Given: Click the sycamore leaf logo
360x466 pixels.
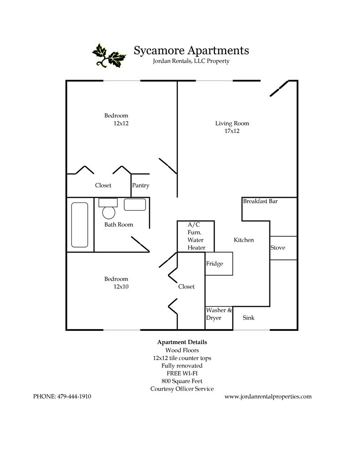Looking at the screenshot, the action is click(x=109, y=55).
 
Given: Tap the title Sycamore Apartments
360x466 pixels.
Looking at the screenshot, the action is click(x=191, y=50).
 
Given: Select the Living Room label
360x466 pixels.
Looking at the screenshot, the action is click(x=232, y=123).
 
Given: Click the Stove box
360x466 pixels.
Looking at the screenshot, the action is click(x=284, y=248).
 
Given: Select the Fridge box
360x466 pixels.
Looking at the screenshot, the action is click(x=219, y=264).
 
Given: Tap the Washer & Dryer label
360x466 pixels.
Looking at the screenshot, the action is click(x=219, y=314).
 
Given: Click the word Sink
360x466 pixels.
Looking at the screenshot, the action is click(x=248, y=318).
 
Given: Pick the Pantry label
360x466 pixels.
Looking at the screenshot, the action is click(x=141, y=186).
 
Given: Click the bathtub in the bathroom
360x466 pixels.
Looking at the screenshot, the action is click(x=80, y=225).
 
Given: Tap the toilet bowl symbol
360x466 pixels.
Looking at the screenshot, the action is click(x=109, y=212).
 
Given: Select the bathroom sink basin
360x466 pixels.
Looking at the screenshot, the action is click(x=135, y=205).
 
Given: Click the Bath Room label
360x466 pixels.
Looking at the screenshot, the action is click(x=119, y=225).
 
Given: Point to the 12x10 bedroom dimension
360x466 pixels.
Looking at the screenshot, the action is click(x=121, y=287).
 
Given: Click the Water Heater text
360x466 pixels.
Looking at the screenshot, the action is click(x=196, y=244).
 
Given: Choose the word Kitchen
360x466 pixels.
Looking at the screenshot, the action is click(x=244, y=240).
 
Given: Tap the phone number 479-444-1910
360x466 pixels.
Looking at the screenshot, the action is click(x=75, y=396).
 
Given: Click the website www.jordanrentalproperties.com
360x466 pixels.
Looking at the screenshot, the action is click(x=268, y=396).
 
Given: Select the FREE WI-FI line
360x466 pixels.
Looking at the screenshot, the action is click(x=182, y=373).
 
